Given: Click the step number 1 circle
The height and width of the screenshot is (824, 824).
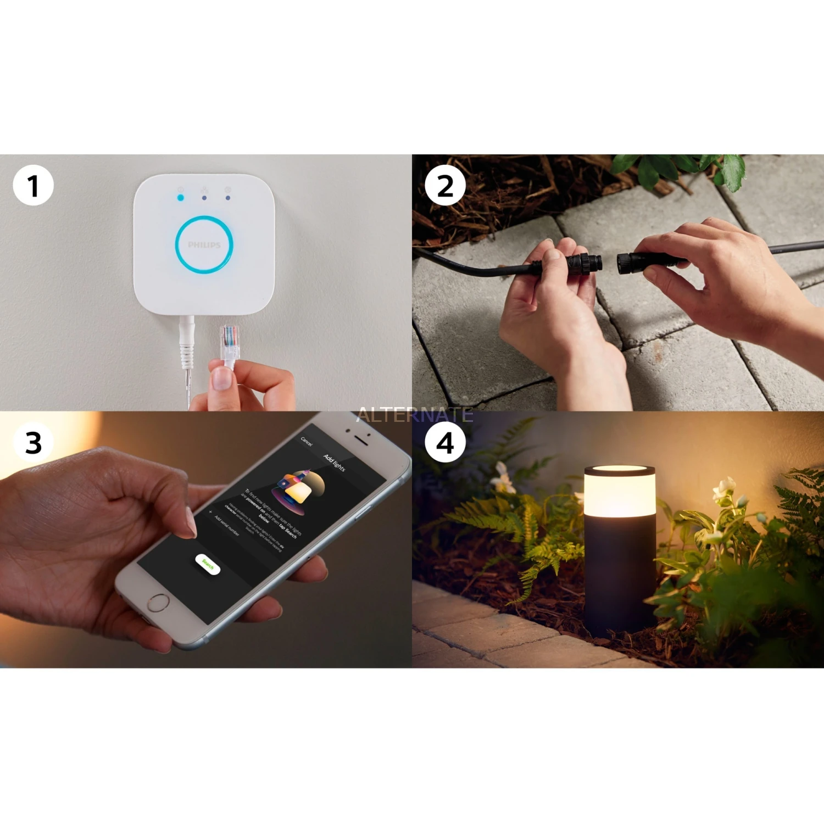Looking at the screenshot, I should coord(33,186).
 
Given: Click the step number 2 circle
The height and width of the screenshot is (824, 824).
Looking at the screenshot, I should coord(445,186).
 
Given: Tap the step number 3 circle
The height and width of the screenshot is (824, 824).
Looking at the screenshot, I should coord(33,443).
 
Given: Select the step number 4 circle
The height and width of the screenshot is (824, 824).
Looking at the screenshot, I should coord(445,443).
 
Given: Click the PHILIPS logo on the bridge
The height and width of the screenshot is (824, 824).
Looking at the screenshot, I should coord(204,245).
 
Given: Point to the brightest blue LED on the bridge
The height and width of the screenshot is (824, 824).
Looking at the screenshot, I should coord(180,197).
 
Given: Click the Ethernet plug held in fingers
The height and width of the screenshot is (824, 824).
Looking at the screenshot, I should coord(230,343).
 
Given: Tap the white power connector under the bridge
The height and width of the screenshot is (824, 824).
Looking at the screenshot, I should coord(187,341).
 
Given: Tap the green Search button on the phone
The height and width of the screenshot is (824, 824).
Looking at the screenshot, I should coord(208,564).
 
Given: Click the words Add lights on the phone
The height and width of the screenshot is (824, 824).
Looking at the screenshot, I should coord(334,463).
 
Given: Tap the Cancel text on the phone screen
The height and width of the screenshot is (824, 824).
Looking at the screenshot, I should coord(307,441).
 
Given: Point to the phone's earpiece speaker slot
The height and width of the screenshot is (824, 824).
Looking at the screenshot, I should coord(360,439).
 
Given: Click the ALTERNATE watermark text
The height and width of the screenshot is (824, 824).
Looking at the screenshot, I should coord(415,415).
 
